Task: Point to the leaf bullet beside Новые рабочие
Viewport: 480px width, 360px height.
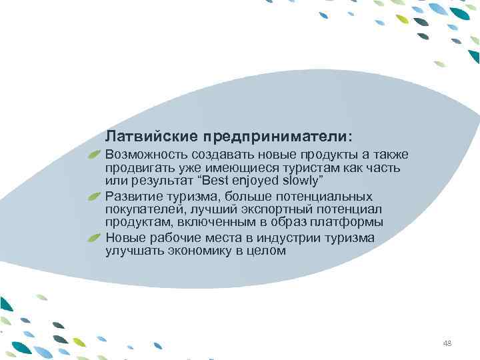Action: click(95, 238)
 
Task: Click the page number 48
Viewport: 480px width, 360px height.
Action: click(447, 343)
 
